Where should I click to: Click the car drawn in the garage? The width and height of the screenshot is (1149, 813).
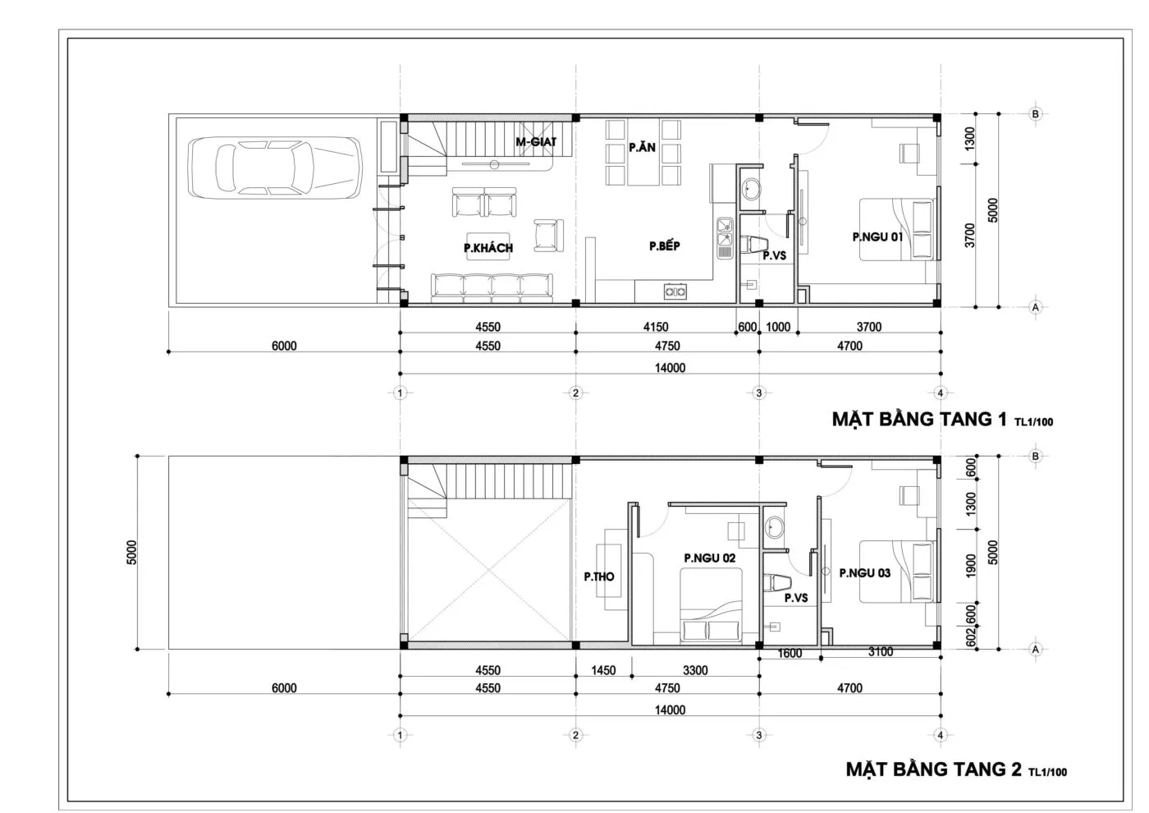(x=274, y=168)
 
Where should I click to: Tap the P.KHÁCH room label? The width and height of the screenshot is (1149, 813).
(x=488, y=248)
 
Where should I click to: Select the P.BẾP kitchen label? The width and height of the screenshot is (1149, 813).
(x=664, y=246)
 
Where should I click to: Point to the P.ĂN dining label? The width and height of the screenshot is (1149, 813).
(x=642, y=147)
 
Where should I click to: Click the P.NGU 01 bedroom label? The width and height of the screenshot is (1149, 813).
(x=877, y=237)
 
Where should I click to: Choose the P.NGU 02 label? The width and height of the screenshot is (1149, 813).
(x=709, y=558)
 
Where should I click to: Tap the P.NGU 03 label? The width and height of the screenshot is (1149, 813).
(x=864, y=573)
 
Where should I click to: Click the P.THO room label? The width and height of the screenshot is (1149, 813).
(x=598, y=576)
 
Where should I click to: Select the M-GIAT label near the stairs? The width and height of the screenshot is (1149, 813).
(x=536, y=141)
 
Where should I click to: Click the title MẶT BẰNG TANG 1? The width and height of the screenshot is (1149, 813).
(x=919, y=420)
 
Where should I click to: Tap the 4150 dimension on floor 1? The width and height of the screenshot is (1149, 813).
(x=656, y=327)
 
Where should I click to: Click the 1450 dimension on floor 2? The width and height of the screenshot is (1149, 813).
(x=602, y=670)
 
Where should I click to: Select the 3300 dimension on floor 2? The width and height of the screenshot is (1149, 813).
(x=695, y=670)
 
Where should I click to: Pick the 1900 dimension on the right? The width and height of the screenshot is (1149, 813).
(x=970, y=565)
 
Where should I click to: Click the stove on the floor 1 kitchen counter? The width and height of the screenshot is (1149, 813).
(x=675, y=292)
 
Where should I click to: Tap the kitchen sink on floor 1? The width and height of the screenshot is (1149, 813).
(x=725, y=237)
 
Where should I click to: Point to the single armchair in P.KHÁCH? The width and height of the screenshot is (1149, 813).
(x=548, y=236)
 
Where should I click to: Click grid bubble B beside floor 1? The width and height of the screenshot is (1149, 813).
(x=1035, y=113)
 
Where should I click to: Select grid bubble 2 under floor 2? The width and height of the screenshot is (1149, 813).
(x=575, y=735)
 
